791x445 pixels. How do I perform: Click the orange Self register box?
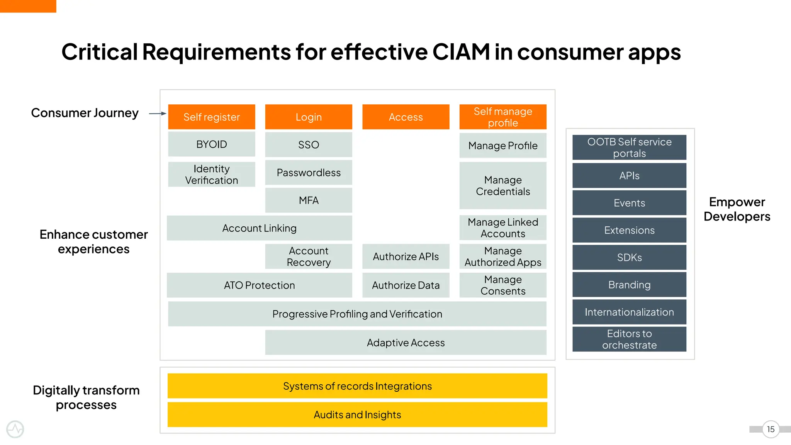[x=212, y=117]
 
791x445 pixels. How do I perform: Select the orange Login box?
[x=309, y=117]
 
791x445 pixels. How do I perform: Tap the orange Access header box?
[x=406, y=117]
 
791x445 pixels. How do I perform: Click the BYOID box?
[x=212, y=144]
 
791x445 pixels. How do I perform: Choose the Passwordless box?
[x=309, y=172]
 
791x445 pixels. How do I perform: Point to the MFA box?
[x=309, y=200]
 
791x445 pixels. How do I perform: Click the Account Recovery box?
[x=309, y=256]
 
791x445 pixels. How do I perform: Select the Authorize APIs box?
[x=406, y=256]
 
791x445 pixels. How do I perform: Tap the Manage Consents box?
[x=503, y=285]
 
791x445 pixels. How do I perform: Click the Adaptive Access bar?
[x=406, y=342]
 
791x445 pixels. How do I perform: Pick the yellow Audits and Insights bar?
[x=357, y=414]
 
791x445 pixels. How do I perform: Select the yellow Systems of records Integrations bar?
[x=357, y=386]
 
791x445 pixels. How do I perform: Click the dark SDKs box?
[x=629, y=257]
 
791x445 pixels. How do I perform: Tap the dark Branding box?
[x=629, y=285]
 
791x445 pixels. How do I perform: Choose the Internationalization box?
[x=629, y=312]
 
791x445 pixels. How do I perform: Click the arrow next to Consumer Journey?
[x=158, y=114]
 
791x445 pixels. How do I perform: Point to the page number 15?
[x=771, y=429]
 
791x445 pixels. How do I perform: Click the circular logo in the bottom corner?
[x=15, y=429]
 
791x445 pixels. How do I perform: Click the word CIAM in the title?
[x=461, y=52]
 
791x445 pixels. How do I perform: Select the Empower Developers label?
[x=737, y=209]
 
